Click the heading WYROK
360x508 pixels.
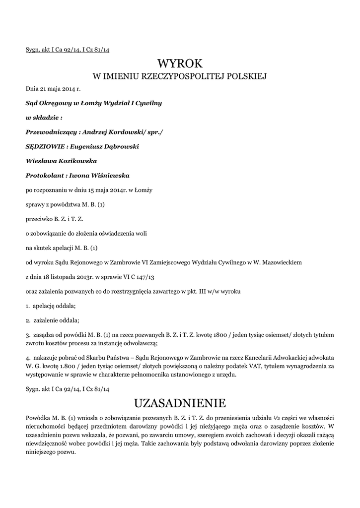click(180, 63)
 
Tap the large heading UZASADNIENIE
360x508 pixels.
click(180, 401)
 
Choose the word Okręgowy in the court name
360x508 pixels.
click(62, 104)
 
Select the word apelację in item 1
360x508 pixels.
click(47, 306)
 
